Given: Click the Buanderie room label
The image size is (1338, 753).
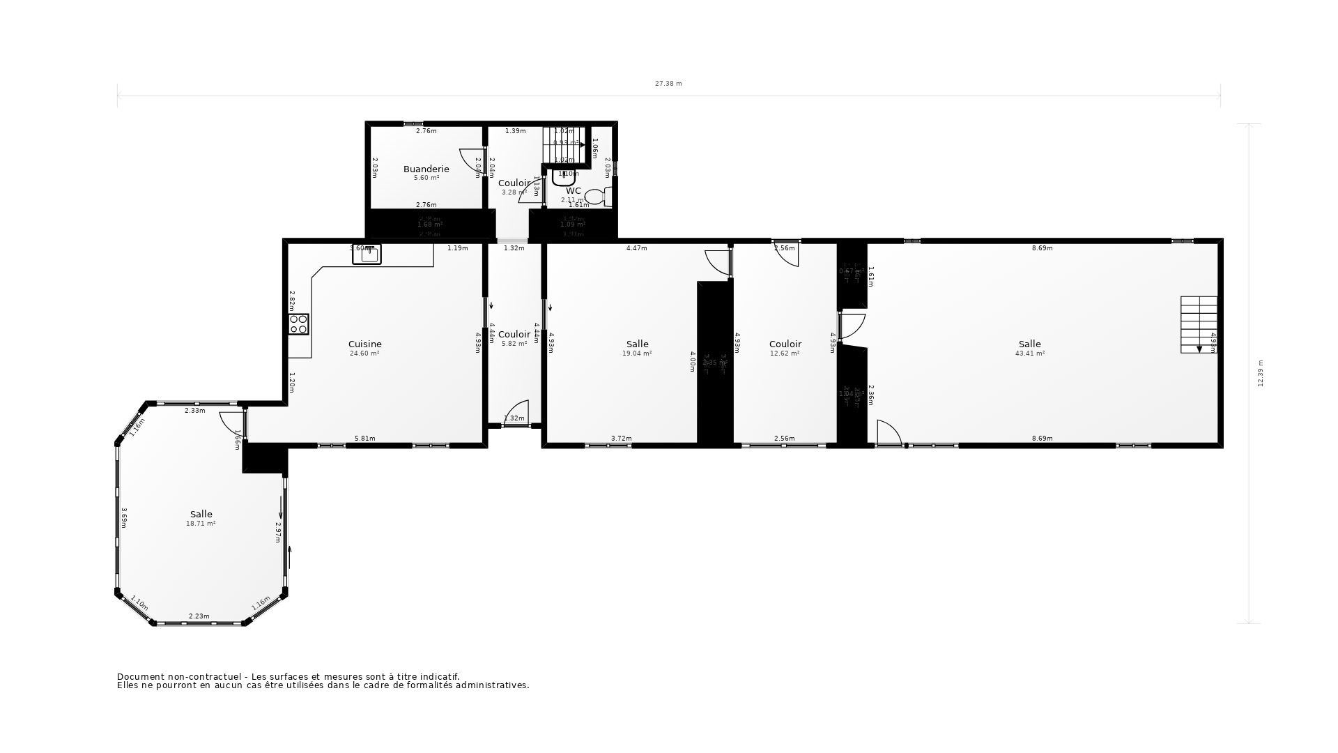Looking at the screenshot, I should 426,169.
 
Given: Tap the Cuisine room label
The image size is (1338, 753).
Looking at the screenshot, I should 364,344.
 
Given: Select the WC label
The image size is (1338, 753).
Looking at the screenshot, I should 573,190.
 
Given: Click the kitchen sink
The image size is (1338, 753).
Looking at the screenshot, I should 367,254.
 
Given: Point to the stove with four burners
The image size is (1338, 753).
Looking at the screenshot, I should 299,325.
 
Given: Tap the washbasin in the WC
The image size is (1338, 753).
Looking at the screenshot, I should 562,177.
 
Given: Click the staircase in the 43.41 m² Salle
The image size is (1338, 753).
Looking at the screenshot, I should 1198,324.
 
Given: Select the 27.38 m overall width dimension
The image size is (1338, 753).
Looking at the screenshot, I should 668,84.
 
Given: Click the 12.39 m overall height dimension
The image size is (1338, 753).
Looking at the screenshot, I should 1260,373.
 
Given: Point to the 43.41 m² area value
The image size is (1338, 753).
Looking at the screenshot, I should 1029,353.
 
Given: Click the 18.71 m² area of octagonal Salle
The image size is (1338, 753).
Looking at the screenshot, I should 201,524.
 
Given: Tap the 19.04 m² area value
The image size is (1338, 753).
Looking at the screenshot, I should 637,353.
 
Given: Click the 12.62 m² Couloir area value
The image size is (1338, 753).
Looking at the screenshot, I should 785,353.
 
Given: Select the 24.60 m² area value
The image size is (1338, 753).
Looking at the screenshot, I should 364,353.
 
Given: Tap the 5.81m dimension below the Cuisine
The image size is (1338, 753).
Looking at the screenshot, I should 364,439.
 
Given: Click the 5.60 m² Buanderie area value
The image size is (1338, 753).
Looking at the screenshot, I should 426,178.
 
